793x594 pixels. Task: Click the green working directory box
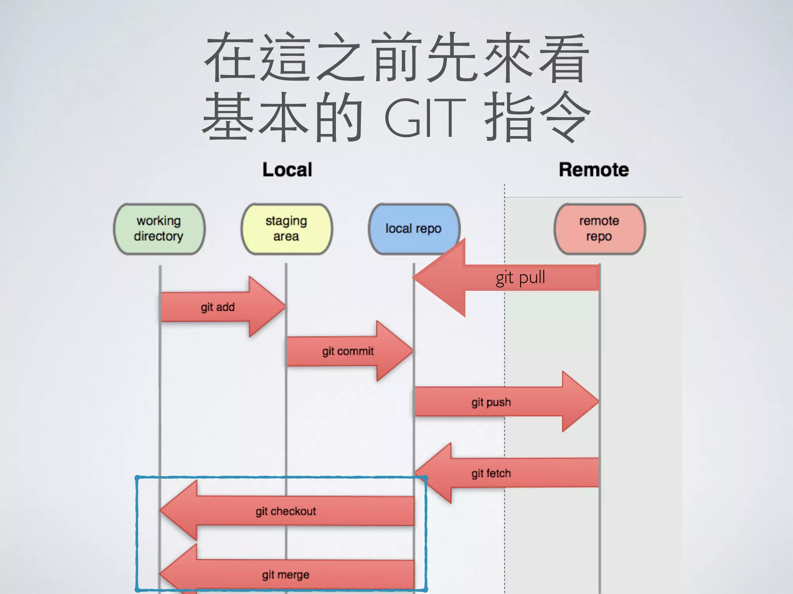coord(159,229)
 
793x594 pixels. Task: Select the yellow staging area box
coord(287,229)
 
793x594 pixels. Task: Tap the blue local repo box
coord(414,229)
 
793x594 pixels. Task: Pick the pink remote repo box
coord(599,229)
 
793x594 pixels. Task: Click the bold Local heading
coord(287,170)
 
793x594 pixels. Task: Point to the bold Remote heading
coord(594,170)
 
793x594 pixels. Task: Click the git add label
coord(218,307)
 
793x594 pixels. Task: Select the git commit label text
coord(348,352)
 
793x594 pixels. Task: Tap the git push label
coord(491,403)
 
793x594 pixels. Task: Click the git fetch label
coord(491,474)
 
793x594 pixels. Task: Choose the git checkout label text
coord(286,512)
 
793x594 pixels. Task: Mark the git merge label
coord(286,575)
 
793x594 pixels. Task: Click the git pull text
coord(520,278)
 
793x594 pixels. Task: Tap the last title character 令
coord(565,117)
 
